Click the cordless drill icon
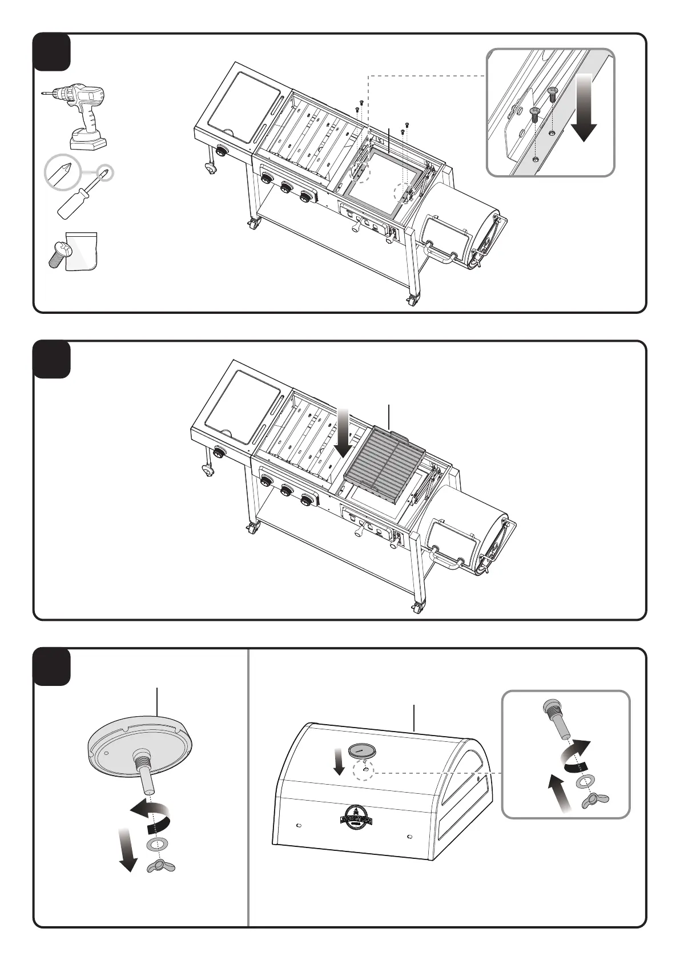pos(80,113)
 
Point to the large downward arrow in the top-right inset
pos(584,108)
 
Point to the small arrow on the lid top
pos(339,763)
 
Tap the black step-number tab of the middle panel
pos(52,359)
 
